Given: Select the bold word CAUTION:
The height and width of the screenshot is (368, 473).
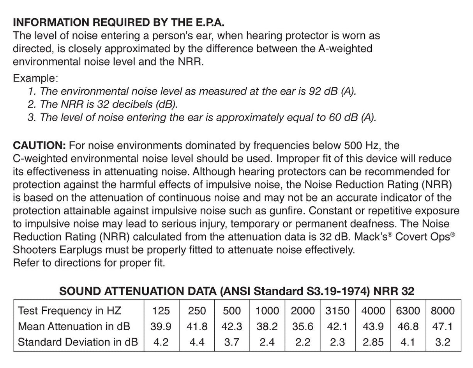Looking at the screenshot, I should coord(39,146).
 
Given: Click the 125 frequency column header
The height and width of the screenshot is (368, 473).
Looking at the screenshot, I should coord(161,311).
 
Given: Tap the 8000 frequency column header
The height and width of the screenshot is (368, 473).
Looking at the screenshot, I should coord(443,311).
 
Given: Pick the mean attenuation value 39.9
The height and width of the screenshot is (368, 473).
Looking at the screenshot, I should coord(161,326).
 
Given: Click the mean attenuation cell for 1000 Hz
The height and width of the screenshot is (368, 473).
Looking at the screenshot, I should coord(267,326).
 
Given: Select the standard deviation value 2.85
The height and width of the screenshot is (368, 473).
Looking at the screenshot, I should coord(373,342).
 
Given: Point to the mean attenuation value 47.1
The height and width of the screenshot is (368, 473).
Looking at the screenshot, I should coord(443,326).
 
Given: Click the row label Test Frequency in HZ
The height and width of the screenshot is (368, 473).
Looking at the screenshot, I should coord(69,311).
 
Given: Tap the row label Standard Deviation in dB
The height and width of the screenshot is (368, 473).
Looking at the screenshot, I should coord(78,342).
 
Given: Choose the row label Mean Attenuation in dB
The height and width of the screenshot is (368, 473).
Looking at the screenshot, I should coord(74,326).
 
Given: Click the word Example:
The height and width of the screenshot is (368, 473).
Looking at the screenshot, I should coord(35,78).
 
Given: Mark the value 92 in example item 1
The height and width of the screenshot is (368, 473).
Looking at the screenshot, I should coord(314,91).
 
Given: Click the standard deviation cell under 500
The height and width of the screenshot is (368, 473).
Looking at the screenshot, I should coord(232,342).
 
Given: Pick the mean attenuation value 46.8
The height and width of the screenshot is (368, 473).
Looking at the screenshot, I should coord(408,326).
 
